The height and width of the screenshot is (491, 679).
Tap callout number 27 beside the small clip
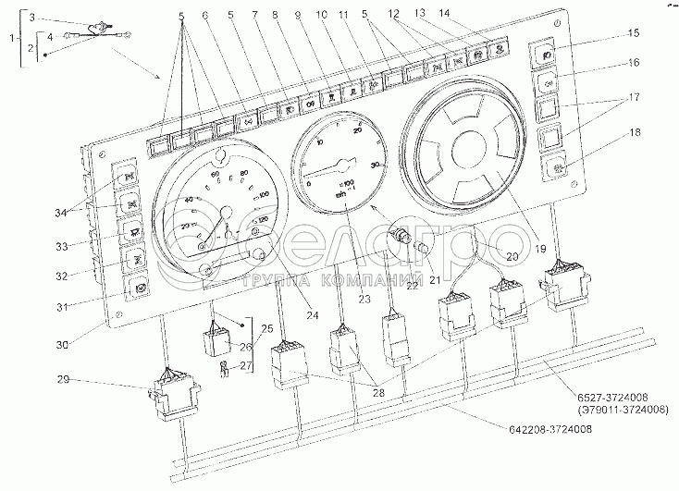[243, 366]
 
